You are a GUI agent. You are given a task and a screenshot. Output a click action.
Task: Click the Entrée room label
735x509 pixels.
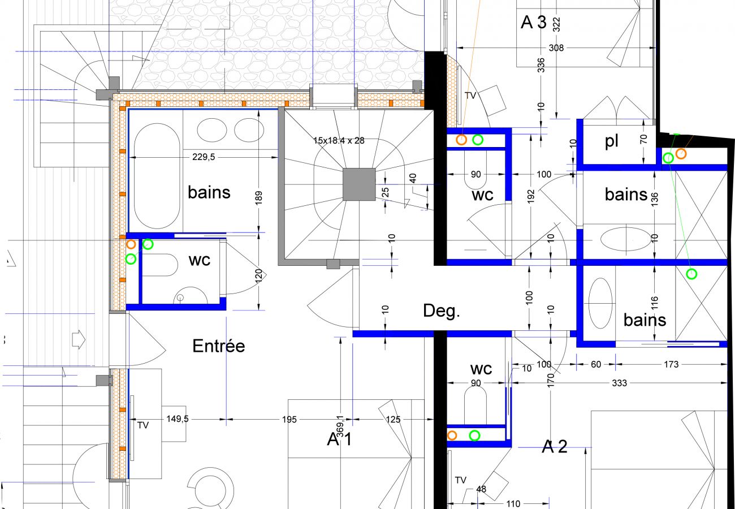pyautogui.click(x=219, y=346)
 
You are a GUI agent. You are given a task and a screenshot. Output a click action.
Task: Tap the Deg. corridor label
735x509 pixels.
pyautogui.click(x=442, y=310)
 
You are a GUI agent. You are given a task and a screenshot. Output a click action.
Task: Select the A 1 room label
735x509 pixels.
pyautogui.click(x=339, y=439)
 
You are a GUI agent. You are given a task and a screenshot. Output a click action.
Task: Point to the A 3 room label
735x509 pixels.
pyautogui.click(x=534, y=22)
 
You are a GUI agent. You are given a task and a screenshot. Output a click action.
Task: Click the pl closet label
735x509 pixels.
pyautogui.click(x=612, y=141)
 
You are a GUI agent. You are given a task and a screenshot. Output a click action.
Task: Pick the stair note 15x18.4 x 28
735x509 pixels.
pyautogui.click(x=339, y=140)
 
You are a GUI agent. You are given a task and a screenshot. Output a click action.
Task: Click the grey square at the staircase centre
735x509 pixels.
pyautogui.click(x=359, y=184)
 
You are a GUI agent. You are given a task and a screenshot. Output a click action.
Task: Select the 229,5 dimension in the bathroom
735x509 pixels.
pyautogui.click(x=204, y=157)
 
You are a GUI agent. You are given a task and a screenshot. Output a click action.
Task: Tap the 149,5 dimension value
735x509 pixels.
pyautogui.click(x=177, y=419)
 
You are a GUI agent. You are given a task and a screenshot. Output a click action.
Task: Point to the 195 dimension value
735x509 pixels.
pyautogui.click(x=289, y=420)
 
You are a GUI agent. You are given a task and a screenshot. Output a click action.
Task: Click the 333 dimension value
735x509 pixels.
pyautogui.click(x=619, y=383)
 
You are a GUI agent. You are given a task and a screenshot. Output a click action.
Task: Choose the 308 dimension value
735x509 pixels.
pyautogui.click(x=556, y=48)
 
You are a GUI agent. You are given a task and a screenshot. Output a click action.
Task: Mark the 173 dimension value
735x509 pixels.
pyautogui.click(x=671, y=364)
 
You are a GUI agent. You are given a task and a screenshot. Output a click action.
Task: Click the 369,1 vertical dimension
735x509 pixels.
pyautogui.click(x=340, y=426)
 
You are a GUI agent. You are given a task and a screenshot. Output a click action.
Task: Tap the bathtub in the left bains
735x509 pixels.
pyautogui.click(x=157, y=176)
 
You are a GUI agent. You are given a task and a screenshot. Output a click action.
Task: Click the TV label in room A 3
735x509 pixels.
pyautogui.click(x=470, y=96)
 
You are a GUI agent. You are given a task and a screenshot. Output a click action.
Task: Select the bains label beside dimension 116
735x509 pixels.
pyautogui.click(x=645, y=320)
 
